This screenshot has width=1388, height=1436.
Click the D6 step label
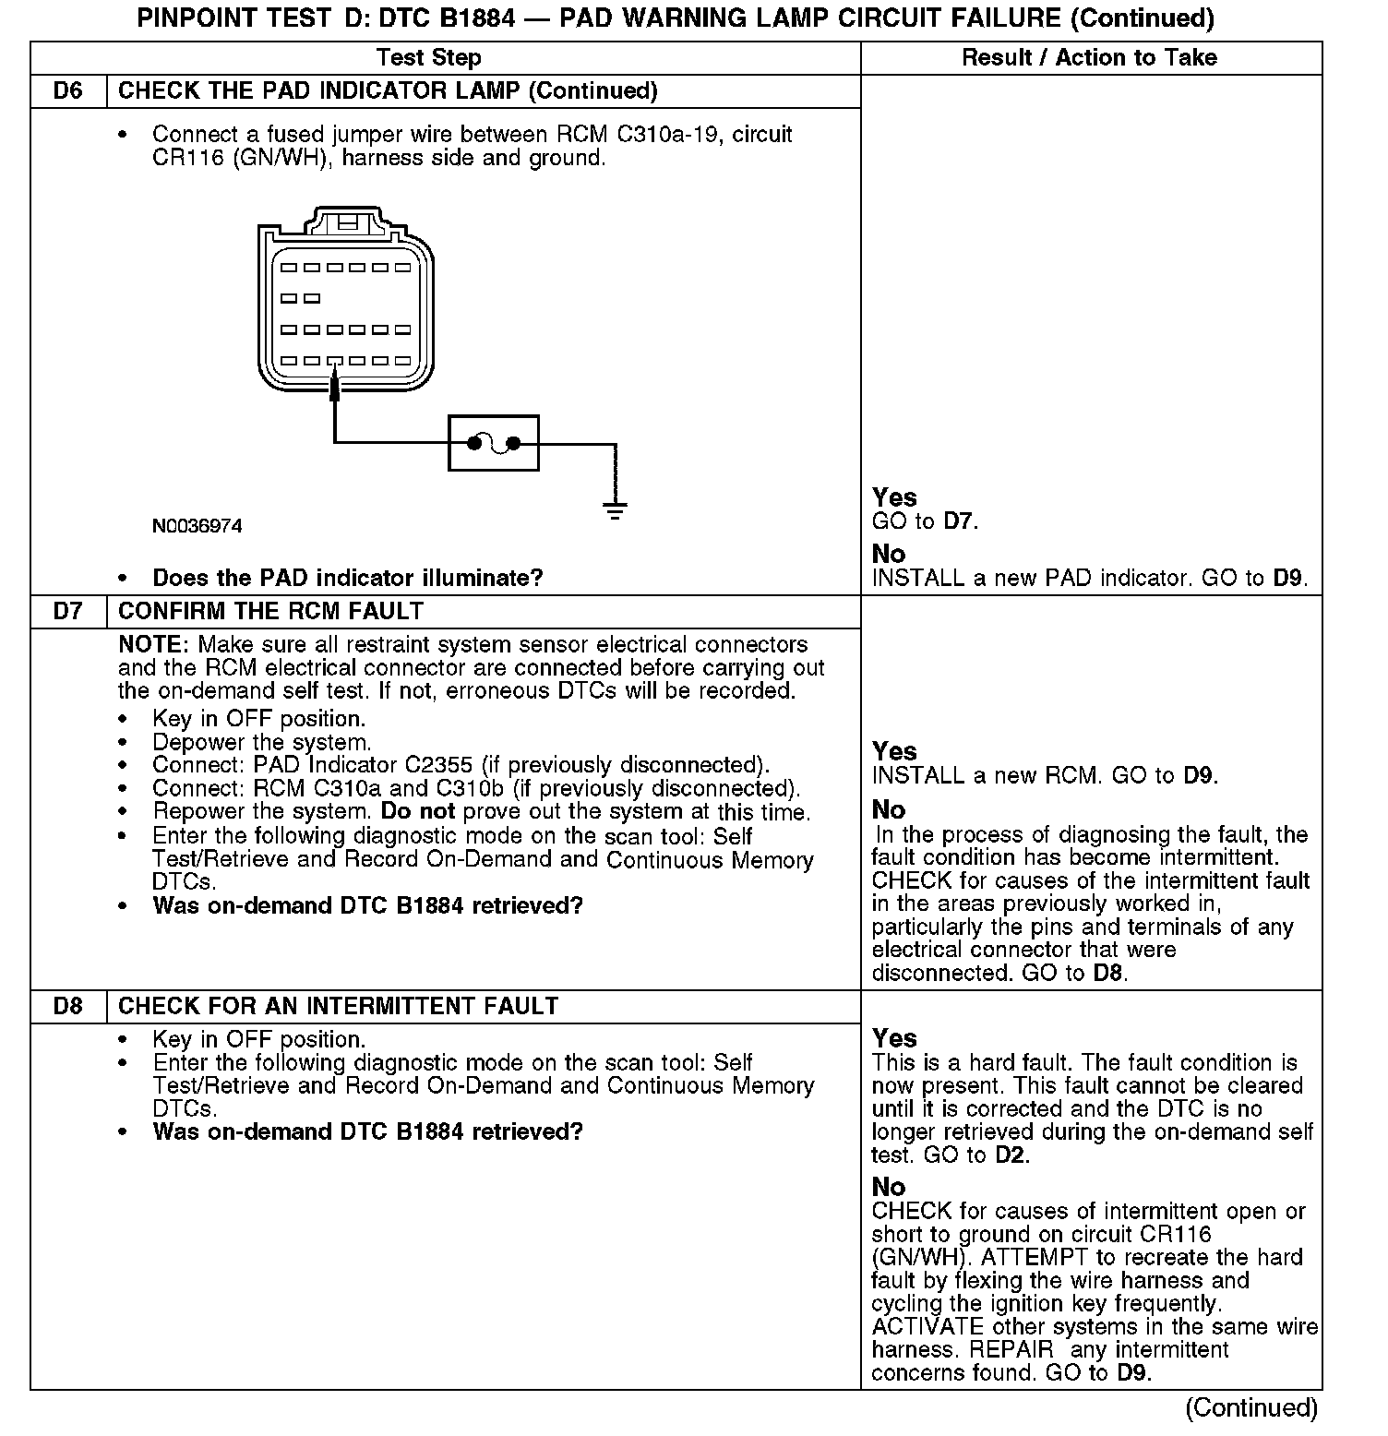[x=67, y=91]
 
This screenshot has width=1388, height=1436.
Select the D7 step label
[x=67, y=612]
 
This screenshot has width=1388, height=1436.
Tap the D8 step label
[x=67, y=1006]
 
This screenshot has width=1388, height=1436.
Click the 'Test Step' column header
[x=429, y=58]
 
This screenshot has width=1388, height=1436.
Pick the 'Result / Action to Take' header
[x=1089, y=58]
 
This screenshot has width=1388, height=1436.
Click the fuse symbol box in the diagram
[x=494, y=444]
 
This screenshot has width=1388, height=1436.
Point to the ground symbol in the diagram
[x=615, y=509]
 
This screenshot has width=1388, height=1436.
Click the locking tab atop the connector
[x=348, y=222]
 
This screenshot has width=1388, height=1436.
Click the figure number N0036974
[x=197, y=526]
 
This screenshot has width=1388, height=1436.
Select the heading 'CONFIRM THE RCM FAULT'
[x=271, y=612]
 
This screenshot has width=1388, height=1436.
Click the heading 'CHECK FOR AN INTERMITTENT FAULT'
[x=339, y=1006]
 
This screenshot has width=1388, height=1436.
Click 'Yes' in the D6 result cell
[x=894, y=498]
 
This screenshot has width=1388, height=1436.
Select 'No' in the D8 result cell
[x=889, y=1187]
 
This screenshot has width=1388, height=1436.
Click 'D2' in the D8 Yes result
[x=1011, y=1155]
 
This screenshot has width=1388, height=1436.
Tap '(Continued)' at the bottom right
[x=1251, y=1407]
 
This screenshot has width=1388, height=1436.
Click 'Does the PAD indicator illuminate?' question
[x=348, y=579]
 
